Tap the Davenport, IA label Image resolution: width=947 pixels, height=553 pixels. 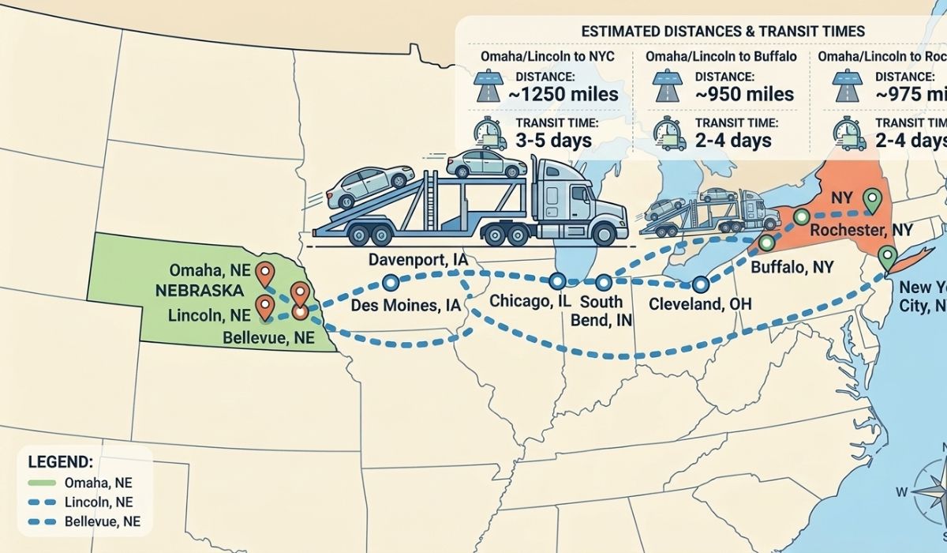point(417,260)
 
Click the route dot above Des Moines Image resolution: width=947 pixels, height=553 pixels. point(388,282)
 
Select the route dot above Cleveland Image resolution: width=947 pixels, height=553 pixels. point(700,284)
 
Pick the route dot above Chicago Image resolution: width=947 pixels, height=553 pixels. point(557,280)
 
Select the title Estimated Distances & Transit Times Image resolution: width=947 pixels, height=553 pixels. point(722,31)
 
